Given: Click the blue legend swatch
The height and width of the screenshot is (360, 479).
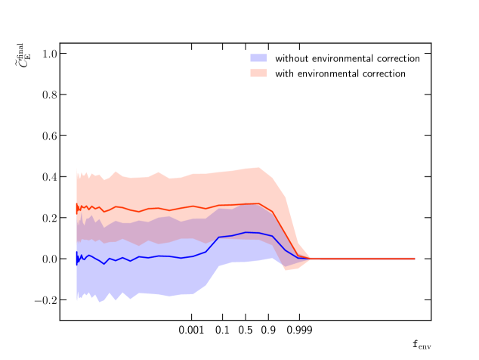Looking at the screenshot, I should coord(258,57).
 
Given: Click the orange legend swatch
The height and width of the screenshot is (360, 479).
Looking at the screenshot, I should coord(258,73).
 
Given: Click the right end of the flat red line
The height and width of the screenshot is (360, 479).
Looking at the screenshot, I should coord(414,259).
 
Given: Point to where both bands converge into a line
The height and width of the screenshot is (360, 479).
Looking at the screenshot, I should coord(311,259).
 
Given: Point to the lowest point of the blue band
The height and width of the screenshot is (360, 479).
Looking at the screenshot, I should coord(99,301).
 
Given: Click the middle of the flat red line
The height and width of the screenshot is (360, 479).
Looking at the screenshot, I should coord(363,259).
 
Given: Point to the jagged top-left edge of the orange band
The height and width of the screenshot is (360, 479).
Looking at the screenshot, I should coord(87,175).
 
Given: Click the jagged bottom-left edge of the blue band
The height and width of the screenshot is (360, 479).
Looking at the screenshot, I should coord(91,296).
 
